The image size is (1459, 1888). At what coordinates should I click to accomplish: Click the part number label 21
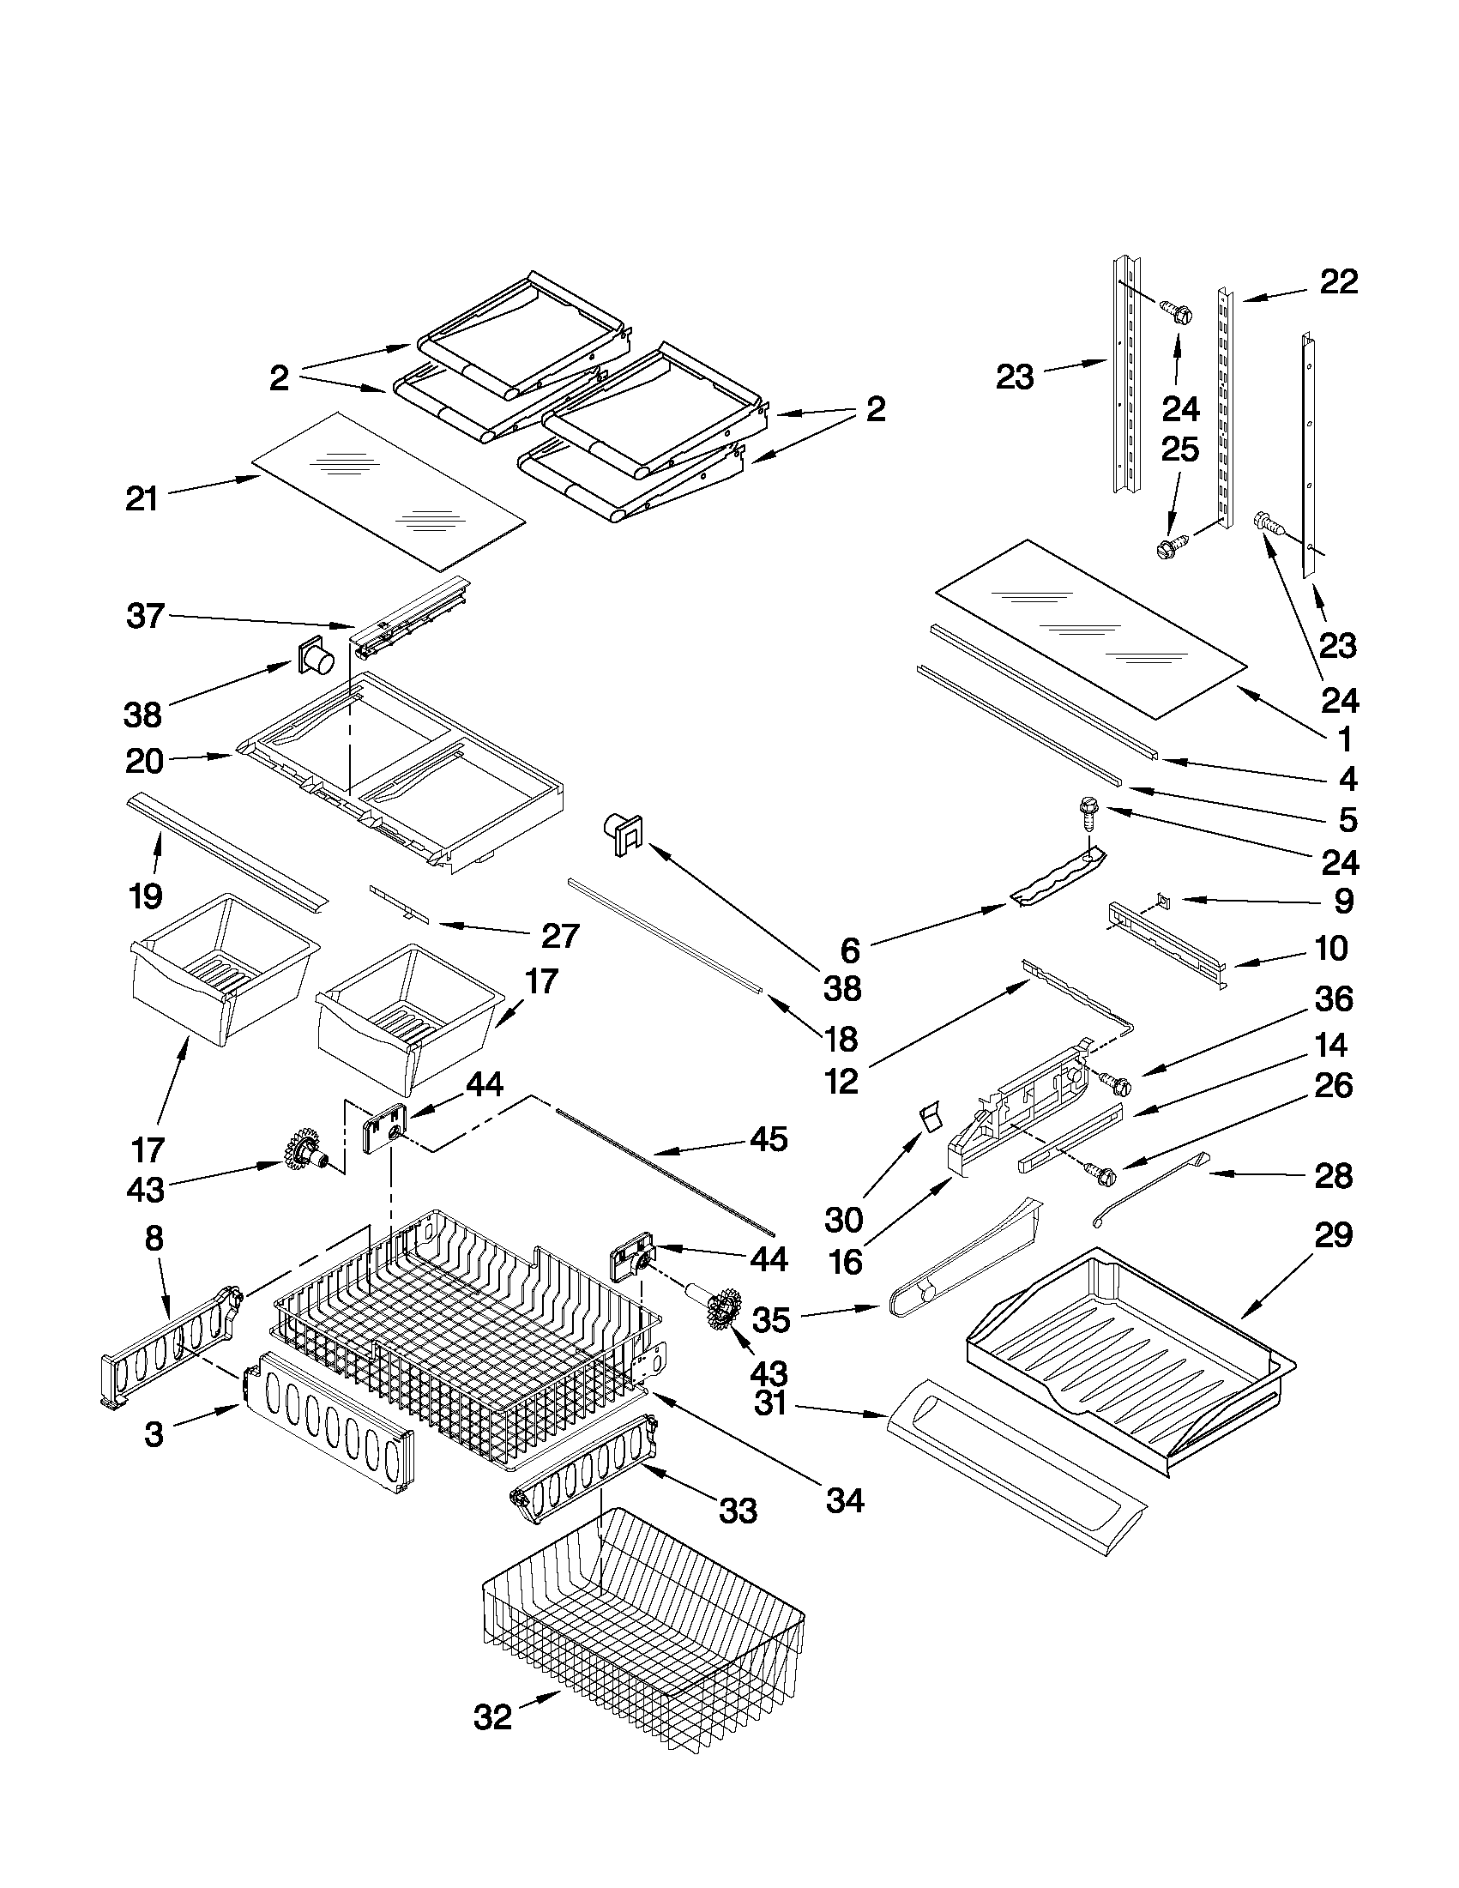142,498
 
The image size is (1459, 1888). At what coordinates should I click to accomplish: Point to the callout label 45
769,1138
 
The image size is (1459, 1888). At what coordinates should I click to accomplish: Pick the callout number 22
1338,281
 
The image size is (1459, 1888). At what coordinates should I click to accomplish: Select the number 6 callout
851,951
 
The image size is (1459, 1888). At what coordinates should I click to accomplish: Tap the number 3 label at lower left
153,1434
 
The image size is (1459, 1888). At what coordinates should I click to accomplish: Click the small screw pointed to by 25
1170,546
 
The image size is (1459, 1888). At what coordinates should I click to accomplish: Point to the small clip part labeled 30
927,1120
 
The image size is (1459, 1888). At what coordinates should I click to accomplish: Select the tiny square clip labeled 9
1163,902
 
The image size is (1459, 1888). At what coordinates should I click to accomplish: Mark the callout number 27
560,935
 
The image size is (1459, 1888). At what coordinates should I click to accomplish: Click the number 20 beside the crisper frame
144,762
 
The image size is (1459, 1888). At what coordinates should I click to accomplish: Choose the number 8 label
153,1238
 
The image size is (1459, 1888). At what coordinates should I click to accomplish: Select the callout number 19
145,896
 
